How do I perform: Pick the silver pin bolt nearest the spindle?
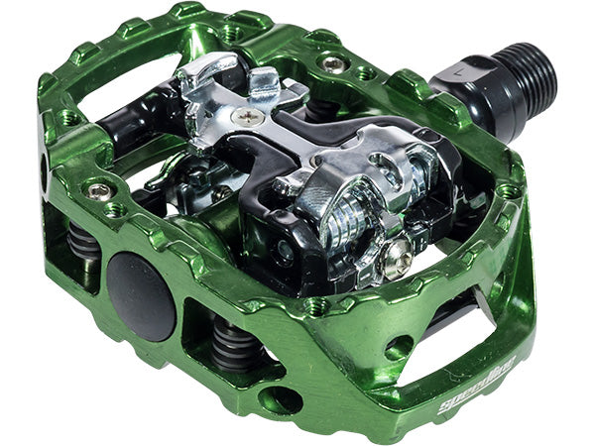pyautogui.click(x=334, y=63)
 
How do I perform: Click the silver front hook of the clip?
pyautogui.click(x=213, y=74)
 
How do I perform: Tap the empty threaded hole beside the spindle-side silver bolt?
pyautogui.click(x=366, y=73)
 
